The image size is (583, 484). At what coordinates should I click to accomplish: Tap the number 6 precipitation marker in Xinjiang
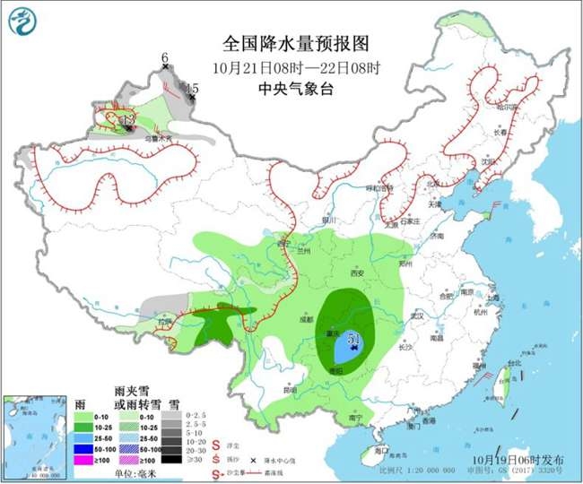coord(164,59)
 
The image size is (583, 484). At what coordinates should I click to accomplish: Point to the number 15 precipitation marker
coord(192,88)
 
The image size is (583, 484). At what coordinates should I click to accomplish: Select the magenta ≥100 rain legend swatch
coord(86,458)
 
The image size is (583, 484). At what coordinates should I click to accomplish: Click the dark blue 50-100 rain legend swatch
coord(86,445)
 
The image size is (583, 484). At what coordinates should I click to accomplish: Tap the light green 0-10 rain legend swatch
coord(86,417)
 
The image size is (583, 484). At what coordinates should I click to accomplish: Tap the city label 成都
coord(306,318)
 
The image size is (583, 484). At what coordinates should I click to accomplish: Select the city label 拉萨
coord(162,320)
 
